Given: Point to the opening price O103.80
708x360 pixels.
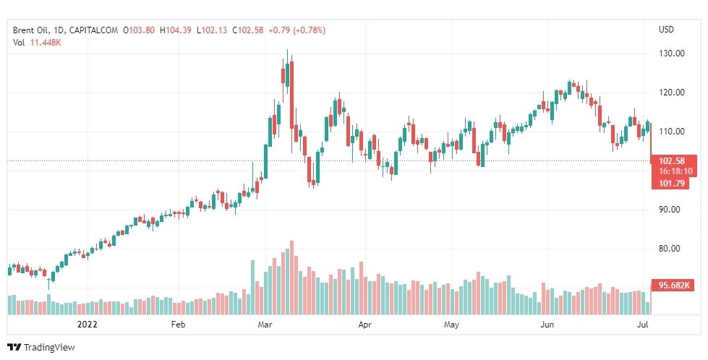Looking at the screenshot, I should pos(140,30).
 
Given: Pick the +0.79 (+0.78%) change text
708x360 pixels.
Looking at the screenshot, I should pos(297,30).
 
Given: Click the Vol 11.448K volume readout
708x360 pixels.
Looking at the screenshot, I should pos(35,42).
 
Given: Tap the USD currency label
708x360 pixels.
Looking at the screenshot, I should pos(666,30).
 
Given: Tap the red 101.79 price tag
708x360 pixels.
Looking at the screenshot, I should pos(674,184).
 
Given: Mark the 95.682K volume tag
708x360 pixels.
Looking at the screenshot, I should pos(676,285).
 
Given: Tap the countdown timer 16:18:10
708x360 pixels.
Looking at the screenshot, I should pos(676,171).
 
